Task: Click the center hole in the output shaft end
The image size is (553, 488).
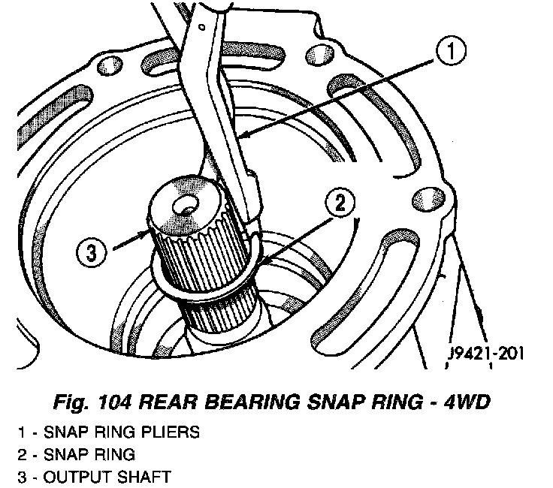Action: (183, 204)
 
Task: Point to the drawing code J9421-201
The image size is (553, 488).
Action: (484, 352)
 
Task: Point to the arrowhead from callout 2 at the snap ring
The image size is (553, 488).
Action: (258, 260)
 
